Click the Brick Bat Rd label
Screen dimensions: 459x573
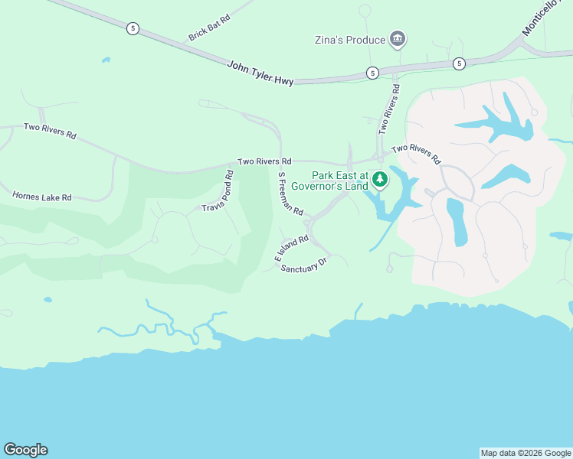[209, 31]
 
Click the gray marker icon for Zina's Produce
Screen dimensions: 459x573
[397, 38]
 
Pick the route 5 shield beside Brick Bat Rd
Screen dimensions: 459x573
[133, 28]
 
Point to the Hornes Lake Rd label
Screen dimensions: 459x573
[41, 197]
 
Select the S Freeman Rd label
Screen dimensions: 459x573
[290, 193]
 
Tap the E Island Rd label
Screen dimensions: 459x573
[291, 249]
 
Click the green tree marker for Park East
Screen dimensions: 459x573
[380, 181]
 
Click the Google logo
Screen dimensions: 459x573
[25, 450]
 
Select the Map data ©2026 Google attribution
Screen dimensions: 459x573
[526, 453]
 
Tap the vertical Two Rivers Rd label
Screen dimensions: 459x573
[388, 109]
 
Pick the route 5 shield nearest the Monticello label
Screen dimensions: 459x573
[458, 63]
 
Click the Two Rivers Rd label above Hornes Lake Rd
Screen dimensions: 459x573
[50, 131]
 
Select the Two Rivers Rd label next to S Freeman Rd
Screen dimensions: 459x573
[264, 161]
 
